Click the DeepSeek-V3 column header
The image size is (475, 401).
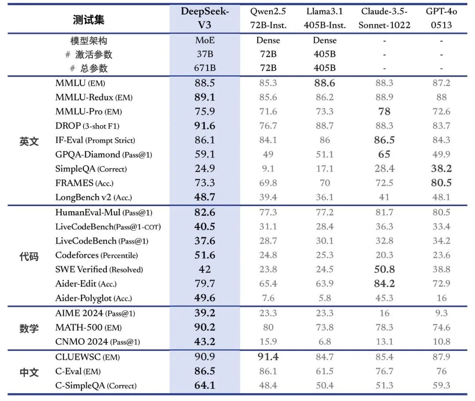point(205,18)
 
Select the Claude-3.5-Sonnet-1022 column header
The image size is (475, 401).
point(384,18)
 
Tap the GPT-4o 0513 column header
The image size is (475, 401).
point(441,18)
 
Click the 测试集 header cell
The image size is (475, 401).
point(88,19)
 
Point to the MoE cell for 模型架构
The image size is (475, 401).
point(205,40)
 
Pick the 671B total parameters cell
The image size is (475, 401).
point(205,68)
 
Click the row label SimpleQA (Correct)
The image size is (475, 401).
point(91,169)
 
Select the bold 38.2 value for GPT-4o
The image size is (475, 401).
point(441,169)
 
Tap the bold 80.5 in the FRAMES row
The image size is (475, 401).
point(441,183)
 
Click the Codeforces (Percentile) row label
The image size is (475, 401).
point(96,255)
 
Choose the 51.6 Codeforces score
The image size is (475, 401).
point(205,255)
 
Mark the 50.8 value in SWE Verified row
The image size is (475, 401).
point(384,269)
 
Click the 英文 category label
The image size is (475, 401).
point(29,141)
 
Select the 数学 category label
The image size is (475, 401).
point(29,328)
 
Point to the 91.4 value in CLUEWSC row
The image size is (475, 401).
point(268,357)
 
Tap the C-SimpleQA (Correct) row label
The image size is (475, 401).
point(96,386)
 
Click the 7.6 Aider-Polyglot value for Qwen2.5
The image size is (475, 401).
point(268,298)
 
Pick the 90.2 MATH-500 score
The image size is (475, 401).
point(205,327)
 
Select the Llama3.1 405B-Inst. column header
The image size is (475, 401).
point(325,18)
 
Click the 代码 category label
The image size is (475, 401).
point(29,256)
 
